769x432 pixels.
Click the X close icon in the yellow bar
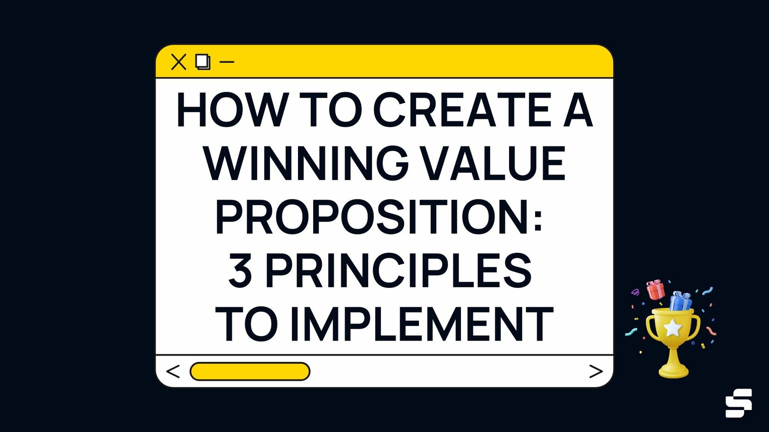[x=179, y=62]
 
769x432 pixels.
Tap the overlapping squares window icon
[x=203, y=62]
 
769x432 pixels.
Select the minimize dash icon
[x=227, y=62]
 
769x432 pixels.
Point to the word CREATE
[x=463, y=110]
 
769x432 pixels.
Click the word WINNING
[x=306, y=163]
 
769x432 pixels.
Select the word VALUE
[x=493, y=163]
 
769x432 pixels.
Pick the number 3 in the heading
[x=240, y=271]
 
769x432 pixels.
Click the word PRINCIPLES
[x=398, y=271]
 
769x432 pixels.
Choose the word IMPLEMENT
[x=422, y=324]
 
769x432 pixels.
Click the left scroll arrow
[x=173, y=371]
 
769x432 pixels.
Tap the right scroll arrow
[x=596, y=371]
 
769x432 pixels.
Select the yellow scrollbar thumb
[x=250, y=371]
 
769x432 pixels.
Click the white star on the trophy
[x=672, y=328]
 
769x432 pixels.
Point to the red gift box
[x=655, y=290]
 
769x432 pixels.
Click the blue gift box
[x=681, y=301]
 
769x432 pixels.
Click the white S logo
[x=738, y=403]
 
